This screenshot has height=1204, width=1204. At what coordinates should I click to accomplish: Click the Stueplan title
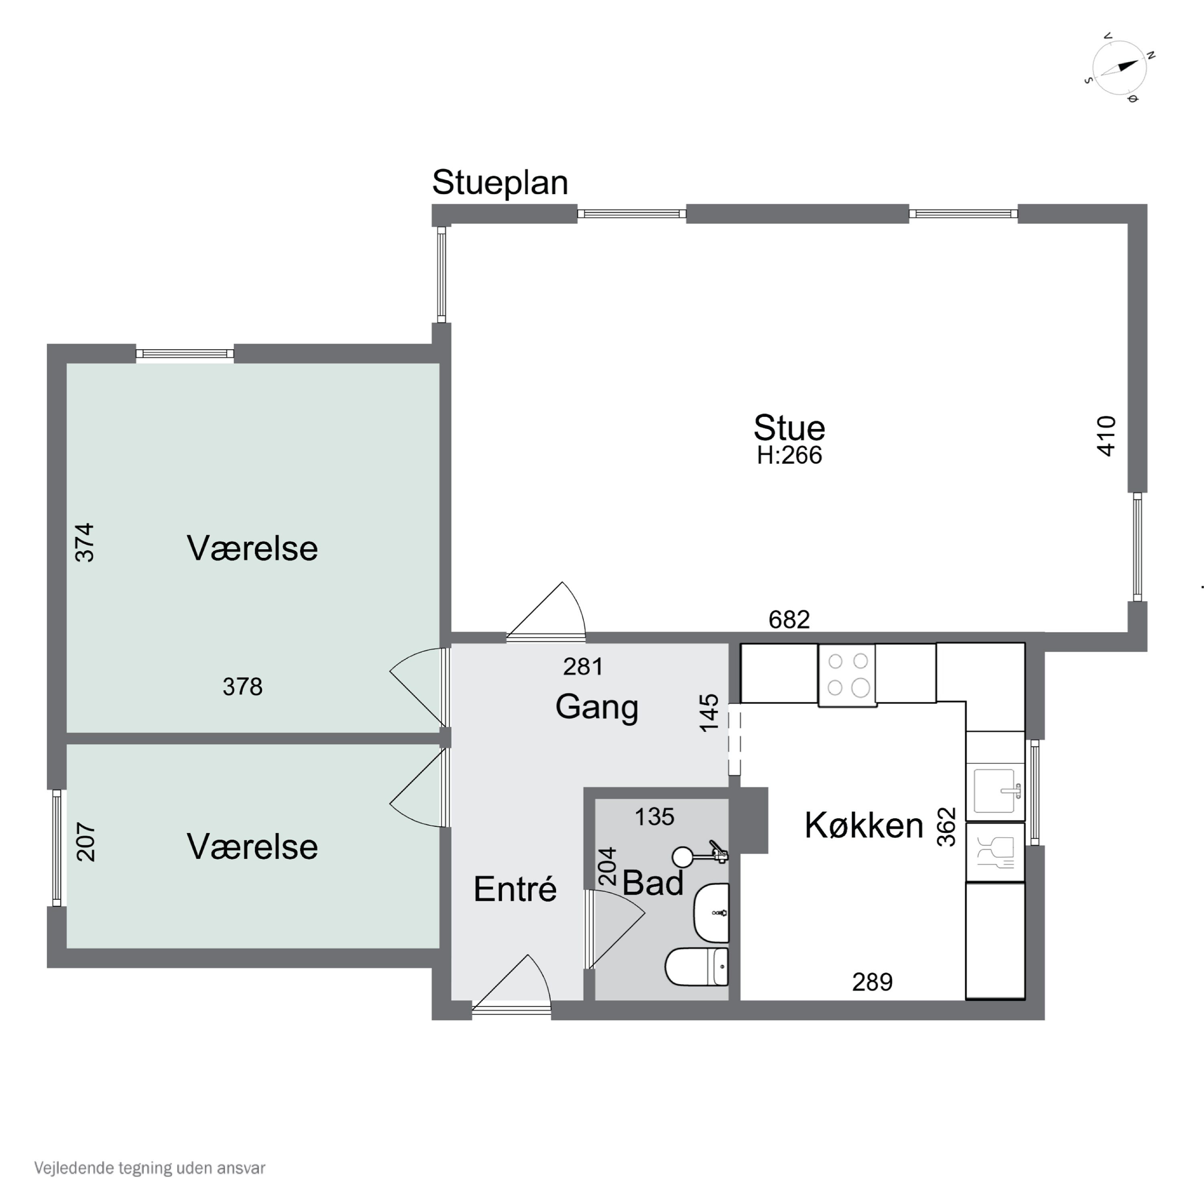(500, 183)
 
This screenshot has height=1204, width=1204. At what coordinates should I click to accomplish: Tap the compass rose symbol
(1120, 67)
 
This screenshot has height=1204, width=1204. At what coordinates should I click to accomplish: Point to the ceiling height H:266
(789, 456)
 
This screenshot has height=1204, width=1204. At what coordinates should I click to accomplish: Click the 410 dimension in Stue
(1106, 436)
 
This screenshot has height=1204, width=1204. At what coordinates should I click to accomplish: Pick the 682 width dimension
(789, 619)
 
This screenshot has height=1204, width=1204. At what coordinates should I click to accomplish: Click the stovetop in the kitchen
(847, 675)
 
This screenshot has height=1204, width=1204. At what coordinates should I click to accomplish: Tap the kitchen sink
(995, 790)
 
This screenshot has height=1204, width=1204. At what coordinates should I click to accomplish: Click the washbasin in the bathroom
(711, 912)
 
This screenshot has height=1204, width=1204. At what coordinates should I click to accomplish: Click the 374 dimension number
(85, 543)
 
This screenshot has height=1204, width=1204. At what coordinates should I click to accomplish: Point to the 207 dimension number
(86, 842)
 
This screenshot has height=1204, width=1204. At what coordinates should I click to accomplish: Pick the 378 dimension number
(242, 687)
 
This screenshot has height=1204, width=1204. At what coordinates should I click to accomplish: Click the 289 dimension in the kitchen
(872, 982)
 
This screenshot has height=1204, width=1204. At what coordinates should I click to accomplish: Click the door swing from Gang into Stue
(546, 610)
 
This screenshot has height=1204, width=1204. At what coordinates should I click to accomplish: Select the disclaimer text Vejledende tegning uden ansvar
(150, 1168)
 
